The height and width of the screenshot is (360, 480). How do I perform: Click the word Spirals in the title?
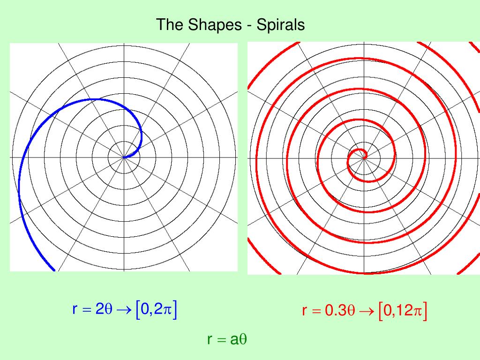pos(280,25)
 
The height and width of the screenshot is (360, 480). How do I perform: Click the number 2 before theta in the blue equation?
pos(99,310)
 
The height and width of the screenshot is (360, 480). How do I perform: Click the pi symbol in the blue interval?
pos(168,310)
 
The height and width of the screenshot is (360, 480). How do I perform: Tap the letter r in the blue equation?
pos(75,310)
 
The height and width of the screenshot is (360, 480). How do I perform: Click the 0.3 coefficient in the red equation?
pos(336,311)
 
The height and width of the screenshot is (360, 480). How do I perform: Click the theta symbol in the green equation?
pos(242,339)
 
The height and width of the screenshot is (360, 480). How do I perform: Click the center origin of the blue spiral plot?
pos(124,157)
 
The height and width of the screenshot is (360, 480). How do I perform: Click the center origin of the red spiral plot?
pos(364,158)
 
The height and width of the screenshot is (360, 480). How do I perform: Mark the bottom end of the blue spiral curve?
pos(54,270)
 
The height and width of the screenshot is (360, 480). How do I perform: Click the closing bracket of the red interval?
pos(425,311)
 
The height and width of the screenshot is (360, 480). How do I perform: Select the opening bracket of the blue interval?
pos(137,310)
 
